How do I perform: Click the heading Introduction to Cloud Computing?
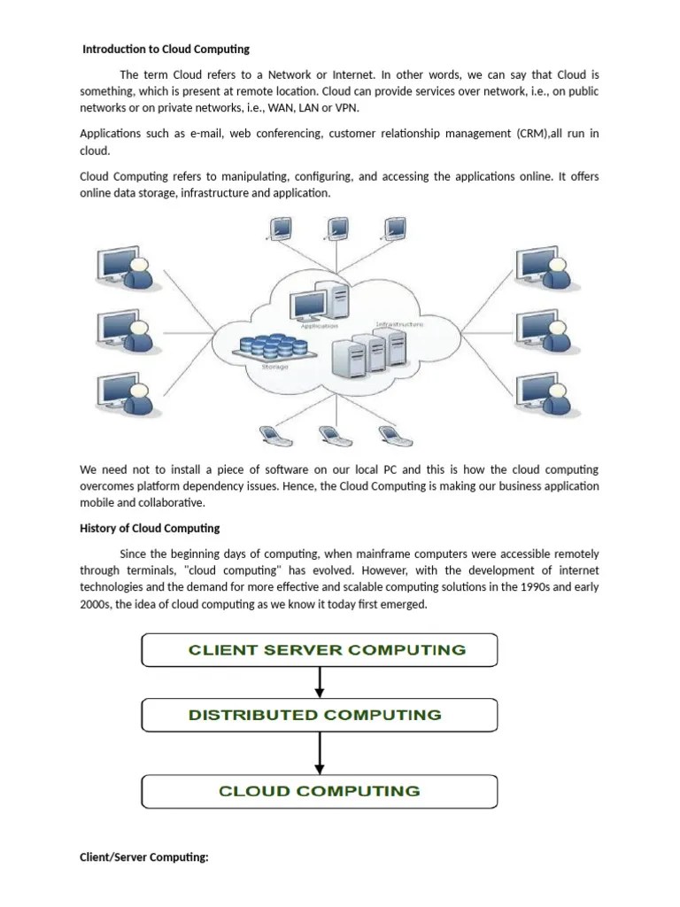[166, 49]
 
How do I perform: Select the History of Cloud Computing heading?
[150, 528]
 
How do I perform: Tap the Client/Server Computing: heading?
[143, 857]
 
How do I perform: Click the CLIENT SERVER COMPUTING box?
[320, 650]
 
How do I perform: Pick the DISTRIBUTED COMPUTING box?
[320, 715]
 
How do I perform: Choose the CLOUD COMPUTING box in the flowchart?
[320, 791]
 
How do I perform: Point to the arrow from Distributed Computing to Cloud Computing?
[320, 753]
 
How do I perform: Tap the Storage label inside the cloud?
[274, 366]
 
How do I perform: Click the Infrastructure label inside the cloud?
[398, 325]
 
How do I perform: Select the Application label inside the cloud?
[319, 326]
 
